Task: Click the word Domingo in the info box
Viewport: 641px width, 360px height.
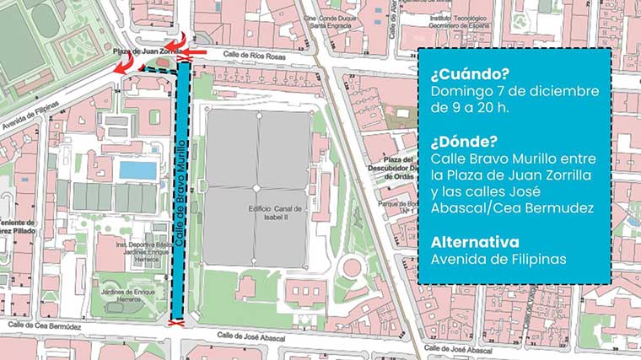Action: point(461,90)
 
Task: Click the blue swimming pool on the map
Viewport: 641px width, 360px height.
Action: point(137,170)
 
